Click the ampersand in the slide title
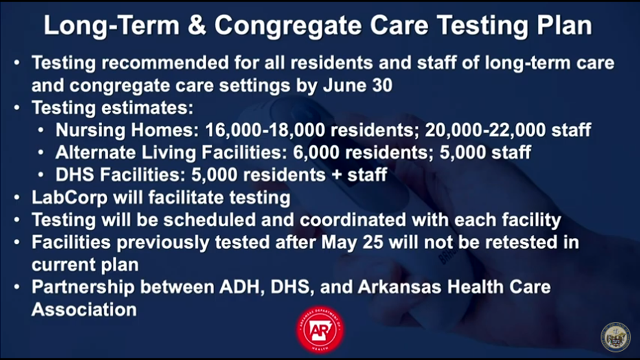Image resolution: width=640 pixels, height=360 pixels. (x=196, y=26)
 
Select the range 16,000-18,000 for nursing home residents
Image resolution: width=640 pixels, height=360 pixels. (x=265, y=130)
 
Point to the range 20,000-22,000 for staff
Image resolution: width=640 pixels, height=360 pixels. (x=485, y=130)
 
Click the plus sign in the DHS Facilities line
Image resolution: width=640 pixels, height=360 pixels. (x=336, y=175)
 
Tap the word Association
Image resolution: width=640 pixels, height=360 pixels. (x=84, y=310)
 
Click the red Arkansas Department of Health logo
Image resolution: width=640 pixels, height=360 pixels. (x=320, y=330)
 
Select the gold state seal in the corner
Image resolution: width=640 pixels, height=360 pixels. (x=615, y=337)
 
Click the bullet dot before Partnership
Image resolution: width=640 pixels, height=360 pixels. (x=17, y=287)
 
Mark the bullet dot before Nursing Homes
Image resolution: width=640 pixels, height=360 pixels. (x=40, y=130)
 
